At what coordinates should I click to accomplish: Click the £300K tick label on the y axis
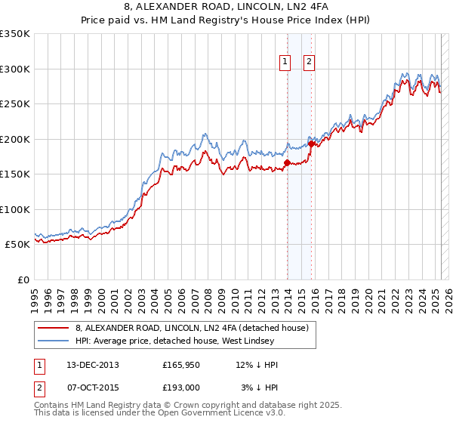click(x=14, y=69)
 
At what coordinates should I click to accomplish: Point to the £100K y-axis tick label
click(x=14, y=209)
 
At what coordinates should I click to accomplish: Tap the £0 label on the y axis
click(x=23, y=279)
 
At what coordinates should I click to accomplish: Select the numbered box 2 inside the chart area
click(x=310, y=63)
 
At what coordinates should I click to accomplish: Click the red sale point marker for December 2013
click(x=287, y=162)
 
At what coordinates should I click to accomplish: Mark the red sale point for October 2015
click(x=311, y=144)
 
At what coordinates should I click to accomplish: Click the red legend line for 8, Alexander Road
click(x=54, y=329)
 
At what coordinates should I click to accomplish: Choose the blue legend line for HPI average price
click(x=54, y=341)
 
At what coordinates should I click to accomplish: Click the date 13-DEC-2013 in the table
click(x=93, y=365)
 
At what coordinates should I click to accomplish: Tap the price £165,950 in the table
click(x=181, y=365)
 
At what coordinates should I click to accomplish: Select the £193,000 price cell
click(x=181, y=387)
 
